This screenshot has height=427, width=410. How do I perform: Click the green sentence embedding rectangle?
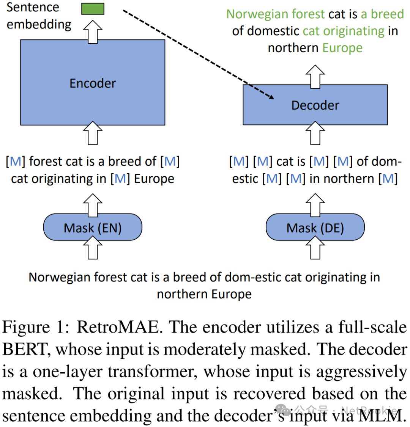click(x=93, y=9)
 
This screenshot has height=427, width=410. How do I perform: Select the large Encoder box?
click(x=93, y=82)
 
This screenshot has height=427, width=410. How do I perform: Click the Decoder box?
click(x=315, y=105)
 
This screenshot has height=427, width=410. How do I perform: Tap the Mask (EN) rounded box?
click(x=93, y=228)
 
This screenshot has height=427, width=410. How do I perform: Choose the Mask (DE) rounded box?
click(x=315, y=228)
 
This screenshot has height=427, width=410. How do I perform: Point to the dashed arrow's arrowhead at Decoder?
click(x=270, y=97)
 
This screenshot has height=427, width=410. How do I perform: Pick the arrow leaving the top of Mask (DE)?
click(x=315, y=205)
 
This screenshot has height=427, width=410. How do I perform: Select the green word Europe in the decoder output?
click(x=342, y=48)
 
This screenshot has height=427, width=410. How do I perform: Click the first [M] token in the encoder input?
click(x=15, y=162)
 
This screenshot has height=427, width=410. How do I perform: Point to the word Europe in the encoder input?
click(x=154, y=179)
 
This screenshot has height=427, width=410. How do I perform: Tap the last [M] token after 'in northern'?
click(x=388, y=179)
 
